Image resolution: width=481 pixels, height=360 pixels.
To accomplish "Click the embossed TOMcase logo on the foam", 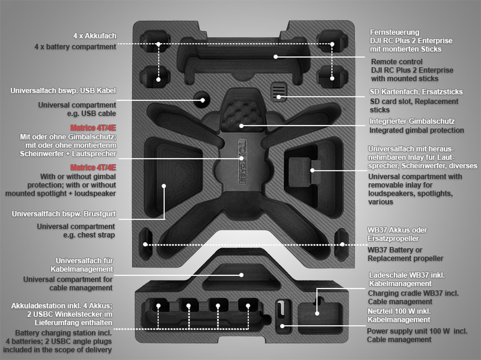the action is pyautogui.click(x=242, y=161).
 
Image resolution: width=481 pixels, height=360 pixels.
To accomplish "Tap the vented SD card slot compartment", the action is pyautogui.click(x=279, y=91).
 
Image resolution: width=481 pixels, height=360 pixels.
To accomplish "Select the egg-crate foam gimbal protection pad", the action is pyautogui.click(x=241, y=115).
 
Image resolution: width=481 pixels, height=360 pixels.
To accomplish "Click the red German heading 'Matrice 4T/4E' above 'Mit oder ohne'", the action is pyautogui.click(x=93, y=128).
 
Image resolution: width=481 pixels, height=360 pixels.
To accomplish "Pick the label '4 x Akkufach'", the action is pyautogui.click(x=95, y=36).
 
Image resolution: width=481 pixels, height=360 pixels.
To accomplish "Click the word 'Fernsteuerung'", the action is pyautogui.click(x=395, y=32).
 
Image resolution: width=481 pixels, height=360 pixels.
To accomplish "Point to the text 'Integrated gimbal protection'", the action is pyautogui.click(x=417, y=130).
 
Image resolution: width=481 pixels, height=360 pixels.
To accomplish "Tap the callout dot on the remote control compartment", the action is pyautogui.click(x=276, y=57).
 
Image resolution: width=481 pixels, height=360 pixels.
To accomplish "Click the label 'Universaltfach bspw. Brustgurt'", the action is pyautogui.click(x=64, y=214).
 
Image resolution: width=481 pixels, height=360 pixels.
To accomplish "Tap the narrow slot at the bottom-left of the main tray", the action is pyautogui.click(x=146, y=243).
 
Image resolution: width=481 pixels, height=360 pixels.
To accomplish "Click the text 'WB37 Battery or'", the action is pyautogui.click(x=395, y=250).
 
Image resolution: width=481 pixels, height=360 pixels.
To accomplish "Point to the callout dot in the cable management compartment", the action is pyautogui.click(x=241, y=275).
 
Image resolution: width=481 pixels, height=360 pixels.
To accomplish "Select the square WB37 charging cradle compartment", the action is pyautogui.click(x=320, y=318).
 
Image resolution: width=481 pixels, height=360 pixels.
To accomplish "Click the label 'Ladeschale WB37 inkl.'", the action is pyautogui.click(x=407, y=275).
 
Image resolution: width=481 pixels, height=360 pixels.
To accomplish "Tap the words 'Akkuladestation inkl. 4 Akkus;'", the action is pyautogui.click(x=62, y=306).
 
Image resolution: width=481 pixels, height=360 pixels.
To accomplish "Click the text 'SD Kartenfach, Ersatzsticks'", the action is pyautogui.click(x=416, y=92).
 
